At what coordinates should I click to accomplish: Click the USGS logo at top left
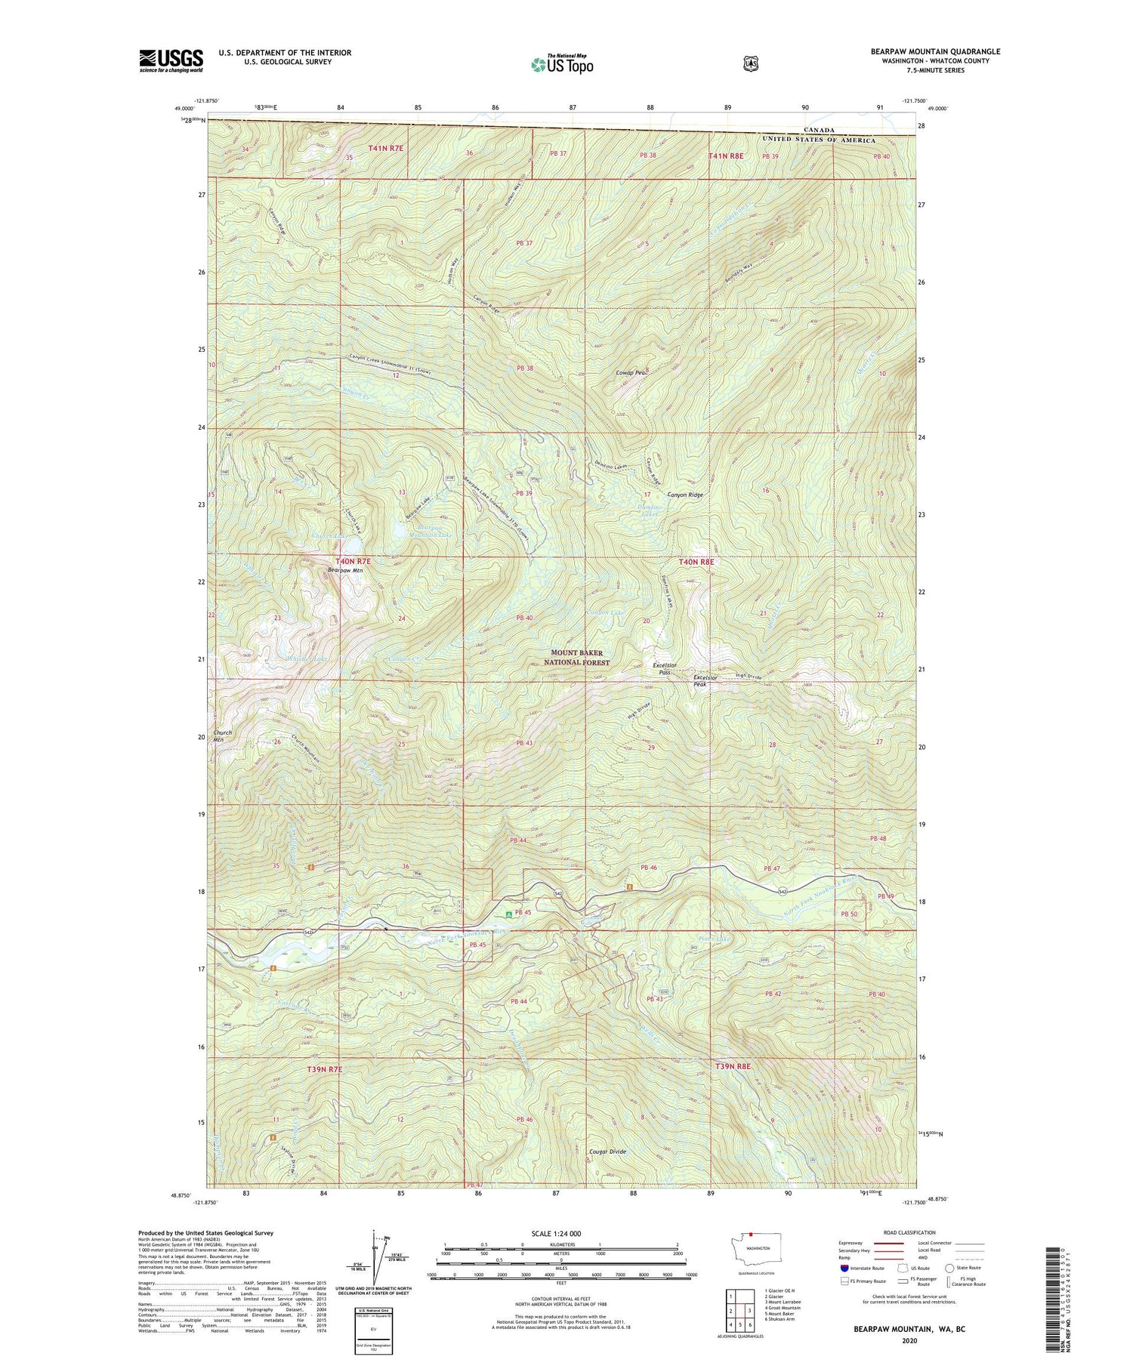tap(171, 60)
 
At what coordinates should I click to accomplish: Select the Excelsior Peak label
tap(705, 680)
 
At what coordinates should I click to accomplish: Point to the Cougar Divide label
tap(607, 1152)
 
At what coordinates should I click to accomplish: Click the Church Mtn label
tap(223, 736)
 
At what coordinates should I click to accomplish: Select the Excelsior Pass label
tap(662, 668)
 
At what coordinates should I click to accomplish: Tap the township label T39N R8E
tap(733, 1066)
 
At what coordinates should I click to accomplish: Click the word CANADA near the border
tap(820, 130)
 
